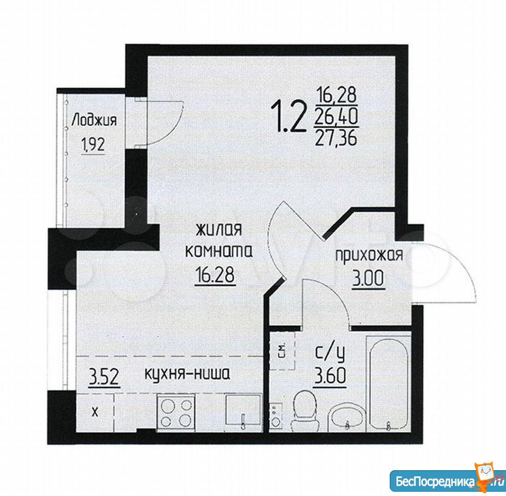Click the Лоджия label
click(94, 120)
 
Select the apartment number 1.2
click(289, 116)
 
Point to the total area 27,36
click(336, 138)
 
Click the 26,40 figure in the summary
click(336, 117)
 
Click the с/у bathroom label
click(330, 354)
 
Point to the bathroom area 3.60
click(330, 376)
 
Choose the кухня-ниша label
click(187, 374)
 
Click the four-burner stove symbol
click(176, 413)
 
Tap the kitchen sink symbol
click(243, 412)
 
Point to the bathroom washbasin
click(347, 416)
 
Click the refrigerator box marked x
click(95, 412)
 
